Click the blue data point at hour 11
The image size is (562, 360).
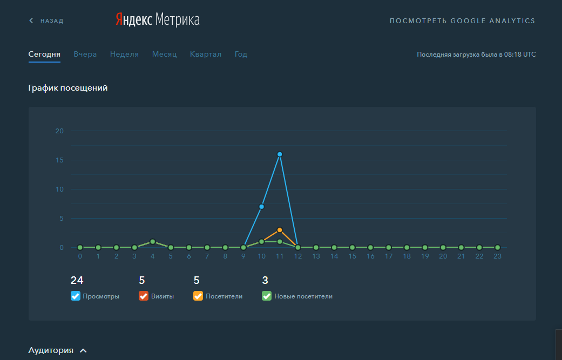(280, 154)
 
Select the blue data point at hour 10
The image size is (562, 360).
(261, 207)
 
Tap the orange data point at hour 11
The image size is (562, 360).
(280, 230)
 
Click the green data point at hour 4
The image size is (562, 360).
(153, 241)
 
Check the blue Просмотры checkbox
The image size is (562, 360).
(76, 296)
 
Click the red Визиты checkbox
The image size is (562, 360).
(144, 296)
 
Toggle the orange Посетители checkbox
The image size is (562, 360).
(198, 296)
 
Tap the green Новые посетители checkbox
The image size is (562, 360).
(267, 296)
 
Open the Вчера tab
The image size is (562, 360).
(85, 55)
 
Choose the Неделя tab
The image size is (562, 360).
(124, 55)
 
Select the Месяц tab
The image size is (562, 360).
(164, 55)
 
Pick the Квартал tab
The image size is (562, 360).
(206, 55)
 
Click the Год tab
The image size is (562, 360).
(241, 55)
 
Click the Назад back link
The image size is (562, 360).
(46, 21)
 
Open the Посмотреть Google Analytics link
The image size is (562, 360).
(462, 21)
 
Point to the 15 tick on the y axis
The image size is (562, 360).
(59, 160)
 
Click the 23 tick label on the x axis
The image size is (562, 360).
(497, 256)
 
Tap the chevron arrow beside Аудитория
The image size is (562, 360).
(83, 351)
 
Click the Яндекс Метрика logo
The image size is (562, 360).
(157, 20)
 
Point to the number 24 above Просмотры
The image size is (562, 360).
(77, 280)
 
